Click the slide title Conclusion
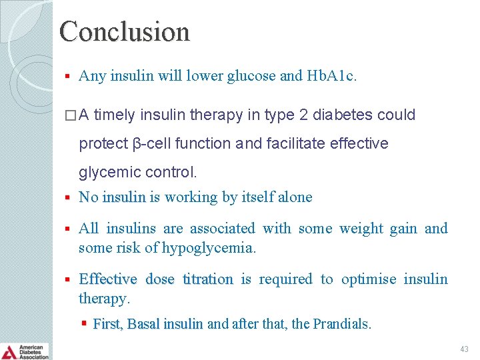click(125, 31)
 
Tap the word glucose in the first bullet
click(251, 76)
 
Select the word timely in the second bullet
click(117, 115)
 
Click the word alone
click(295, 197)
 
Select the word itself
click(257, 197)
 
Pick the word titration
click(207, 279)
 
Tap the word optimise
click(368, 279)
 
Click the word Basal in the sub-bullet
click(143, 325)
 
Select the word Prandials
click(341, 325)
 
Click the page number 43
click(463, 349)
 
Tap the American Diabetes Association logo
click(25, 351)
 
